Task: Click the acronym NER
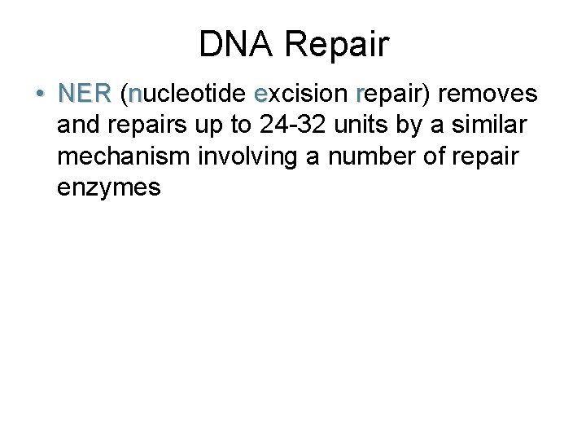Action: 84,95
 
